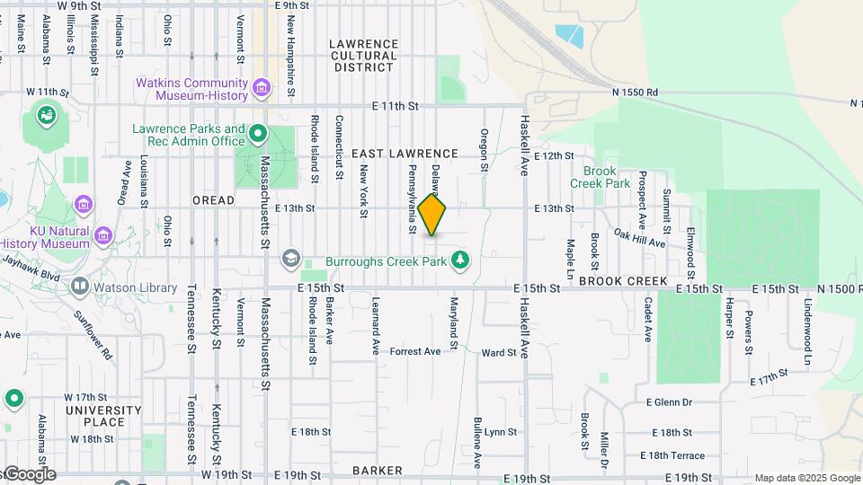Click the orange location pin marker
tap(432, 215)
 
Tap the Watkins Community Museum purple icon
tap(262, 88)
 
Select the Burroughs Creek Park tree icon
tap(460, 260)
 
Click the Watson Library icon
tap(80, 287)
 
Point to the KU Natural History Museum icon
tap(103, 236)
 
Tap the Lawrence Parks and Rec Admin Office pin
tap(258, 136)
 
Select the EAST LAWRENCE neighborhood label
tap(405, 154)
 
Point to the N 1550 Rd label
tap(635, 92)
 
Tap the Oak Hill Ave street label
tap(639, 237)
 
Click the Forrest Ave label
tap(414, 351)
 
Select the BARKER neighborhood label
tap(377, 470)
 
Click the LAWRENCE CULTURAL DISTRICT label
tap(363, 55)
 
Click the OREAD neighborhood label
tap(213, 200)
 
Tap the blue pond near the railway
tap(569, 35)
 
